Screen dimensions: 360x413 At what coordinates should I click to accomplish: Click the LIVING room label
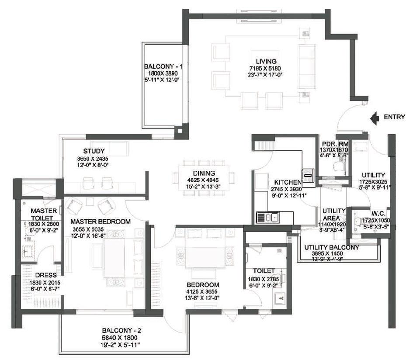267,61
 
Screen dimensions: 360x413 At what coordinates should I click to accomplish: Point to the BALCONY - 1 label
163,67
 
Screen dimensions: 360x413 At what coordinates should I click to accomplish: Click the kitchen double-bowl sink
269,217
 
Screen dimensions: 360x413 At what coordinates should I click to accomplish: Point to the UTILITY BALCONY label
332,247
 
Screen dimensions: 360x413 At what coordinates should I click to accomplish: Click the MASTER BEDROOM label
100,222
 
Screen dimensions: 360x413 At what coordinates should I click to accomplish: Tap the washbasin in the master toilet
28,251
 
